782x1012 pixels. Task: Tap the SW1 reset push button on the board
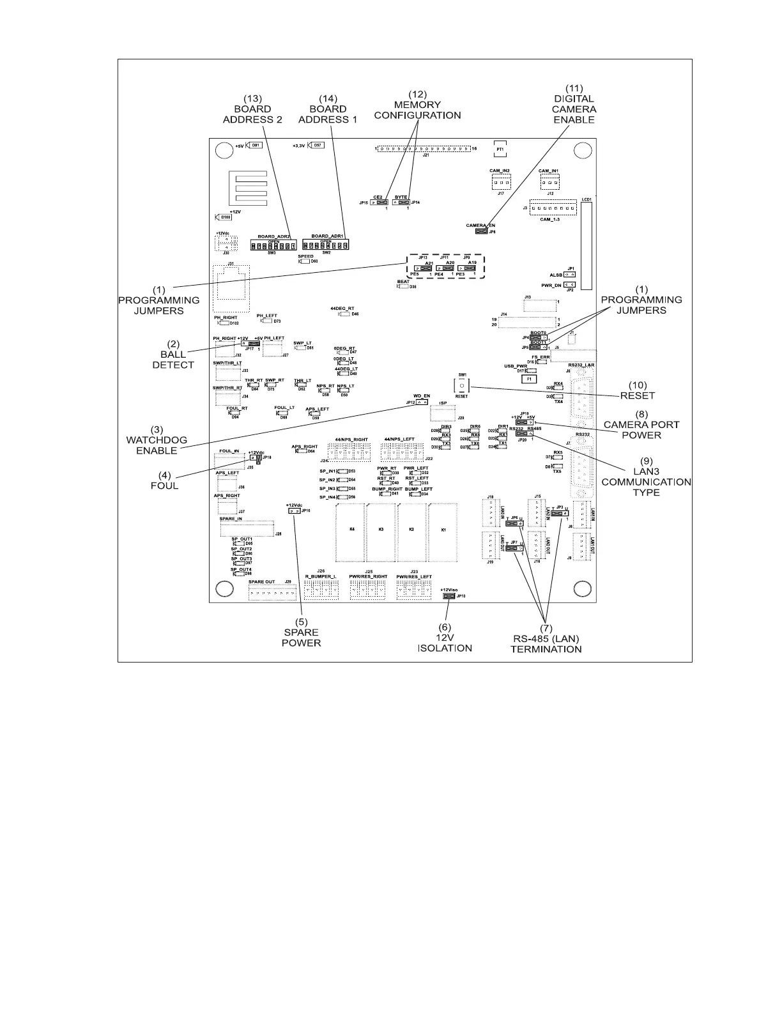click(461, 386)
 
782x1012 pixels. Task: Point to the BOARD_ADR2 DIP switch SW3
click(273, 246)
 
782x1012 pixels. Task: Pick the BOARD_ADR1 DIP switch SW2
click(325, 245)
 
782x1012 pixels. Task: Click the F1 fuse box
click(529, 379)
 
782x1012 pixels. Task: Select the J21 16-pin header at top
click(424, 148)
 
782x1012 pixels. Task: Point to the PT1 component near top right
click(500, 149)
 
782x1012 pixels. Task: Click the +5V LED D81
click(254, 145)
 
